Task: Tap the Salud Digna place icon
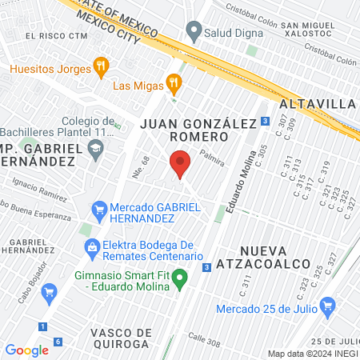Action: coord(193,32)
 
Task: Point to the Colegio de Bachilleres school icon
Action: coord(96,148)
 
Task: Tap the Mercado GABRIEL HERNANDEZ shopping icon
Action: coord(99,211)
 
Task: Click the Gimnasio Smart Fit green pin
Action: coord(181,279)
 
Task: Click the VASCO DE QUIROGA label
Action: coord(120,338)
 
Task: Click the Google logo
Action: coord(26,350)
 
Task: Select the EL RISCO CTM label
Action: coord(55,35)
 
